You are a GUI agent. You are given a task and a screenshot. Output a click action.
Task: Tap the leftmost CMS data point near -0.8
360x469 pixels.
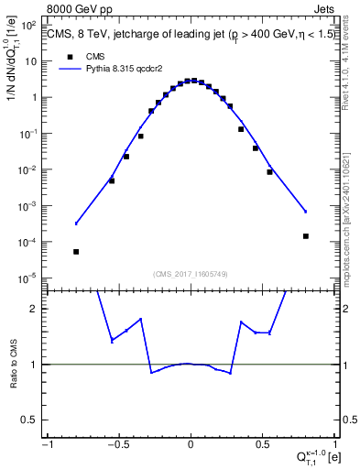76,252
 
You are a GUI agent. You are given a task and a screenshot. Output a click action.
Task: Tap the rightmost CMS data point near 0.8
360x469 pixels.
306,236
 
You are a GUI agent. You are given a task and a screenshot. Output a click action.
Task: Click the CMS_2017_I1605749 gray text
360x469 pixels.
191,274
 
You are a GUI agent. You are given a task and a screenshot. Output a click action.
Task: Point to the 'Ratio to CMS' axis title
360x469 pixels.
16,365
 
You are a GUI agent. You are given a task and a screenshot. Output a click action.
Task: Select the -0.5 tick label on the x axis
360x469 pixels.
118,445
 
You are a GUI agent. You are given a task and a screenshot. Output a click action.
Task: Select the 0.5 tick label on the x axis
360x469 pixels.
262,445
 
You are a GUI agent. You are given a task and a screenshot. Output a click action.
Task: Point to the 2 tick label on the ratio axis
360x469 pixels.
36,310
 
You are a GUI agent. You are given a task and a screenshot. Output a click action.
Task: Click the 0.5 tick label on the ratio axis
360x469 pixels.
31,420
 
